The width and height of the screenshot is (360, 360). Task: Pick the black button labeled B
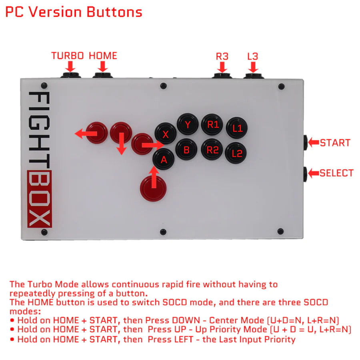[186, 150]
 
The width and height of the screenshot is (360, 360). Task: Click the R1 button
[212, 125]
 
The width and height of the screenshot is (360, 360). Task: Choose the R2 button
[212, 150]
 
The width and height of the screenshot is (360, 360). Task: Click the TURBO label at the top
[68, 56]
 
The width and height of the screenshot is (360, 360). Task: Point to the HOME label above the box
[103, 56]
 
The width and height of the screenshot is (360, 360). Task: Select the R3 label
[222, 56]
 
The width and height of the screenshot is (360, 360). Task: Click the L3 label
[252, 56]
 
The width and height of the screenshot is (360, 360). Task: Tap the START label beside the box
[335, 143]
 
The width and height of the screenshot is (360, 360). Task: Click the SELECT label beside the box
[336, 173]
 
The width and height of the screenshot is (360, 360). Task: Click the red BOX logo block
[39, 199]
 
